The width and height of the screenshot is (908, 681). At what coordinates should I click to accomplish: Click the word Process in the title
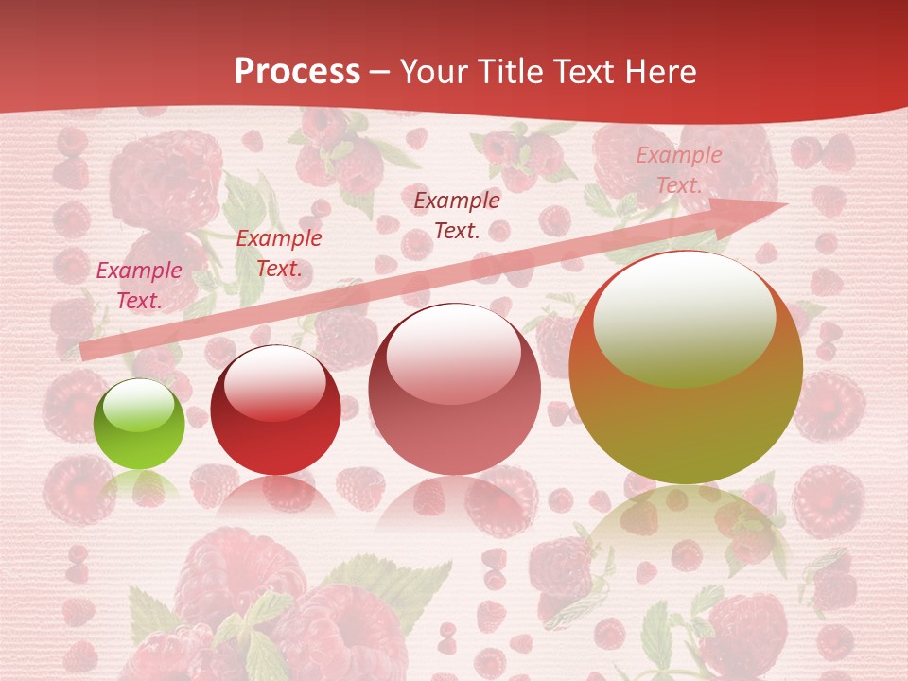297,72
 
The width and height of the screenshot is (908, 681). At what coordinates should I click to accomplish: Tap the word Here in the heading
660,72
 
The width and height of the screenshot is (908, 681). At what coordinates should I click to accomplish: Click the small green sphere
139,425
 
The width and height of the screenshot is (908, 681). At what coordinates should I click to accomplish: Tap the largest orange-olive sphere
686,378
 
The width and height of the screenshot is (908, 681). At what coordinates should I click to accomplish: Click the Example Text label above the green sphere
139,286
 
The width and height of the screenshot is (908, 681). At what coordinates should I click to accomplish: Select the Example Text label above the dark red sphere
279,253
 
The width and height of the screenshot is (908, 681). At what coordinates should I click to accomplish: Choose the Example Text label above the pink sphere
457,215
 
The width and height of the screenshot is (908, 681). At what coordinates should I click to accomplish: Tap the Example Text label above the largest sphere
679,170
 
